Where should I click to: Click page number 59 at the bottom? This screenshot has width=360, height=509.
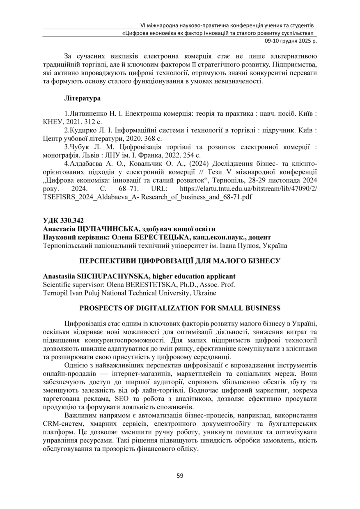180,476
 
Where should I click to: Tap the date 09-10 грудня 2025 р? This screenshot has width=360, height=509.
290,40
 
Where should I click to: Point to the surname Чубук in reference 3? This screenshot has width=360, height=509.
79,146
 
